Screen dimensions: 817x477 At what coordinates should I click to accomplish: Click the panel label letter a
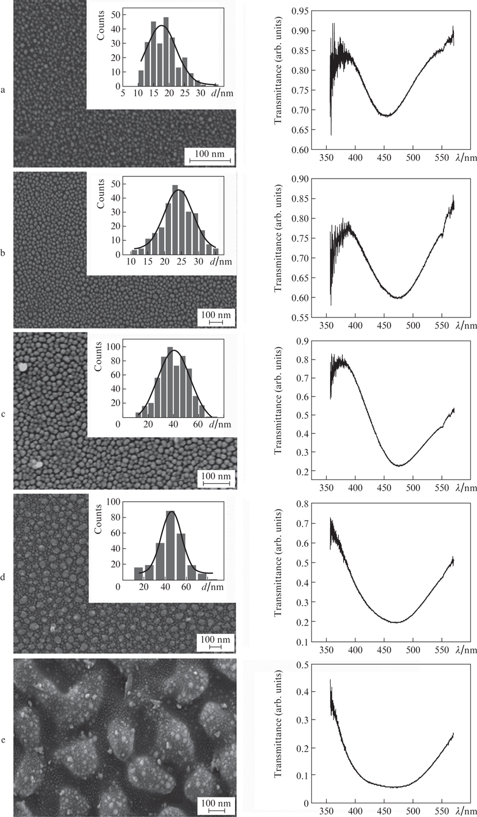pyautogui.click(x=5, y=90)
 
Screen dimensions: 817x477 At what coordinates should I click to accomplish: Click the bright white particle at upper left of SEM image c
pyautogui.click(x=22, y=366)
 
